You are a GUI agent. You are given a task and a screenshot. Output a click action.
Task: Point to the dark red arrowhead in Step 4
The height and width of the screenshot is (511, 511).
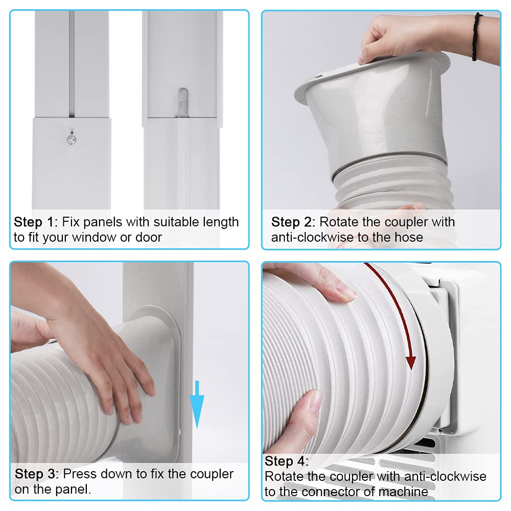[410, 361]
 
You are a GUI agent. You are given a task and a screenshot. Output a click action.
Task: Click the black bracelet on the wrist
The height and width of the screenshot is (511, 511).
[477, 37]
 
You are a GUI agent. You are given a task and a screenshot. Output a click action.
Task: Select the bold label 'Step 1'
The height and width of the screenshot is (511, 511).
[35, 222]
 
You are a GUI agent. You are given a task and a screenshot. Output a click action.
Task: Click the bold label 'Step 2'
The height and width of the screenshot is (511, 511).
[293, 222]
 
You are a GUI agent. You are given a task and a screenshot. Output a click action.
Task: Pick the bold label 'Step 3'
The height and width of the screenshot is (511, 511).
[36, 474]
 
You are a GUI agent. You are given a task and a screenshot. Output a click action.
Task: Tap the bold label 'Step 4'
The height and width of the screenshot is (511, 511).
[287, 461]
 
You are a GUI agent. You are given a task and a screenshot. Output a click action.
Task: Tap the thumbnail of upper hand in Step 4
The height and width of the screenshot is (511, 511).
[345, 292]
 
